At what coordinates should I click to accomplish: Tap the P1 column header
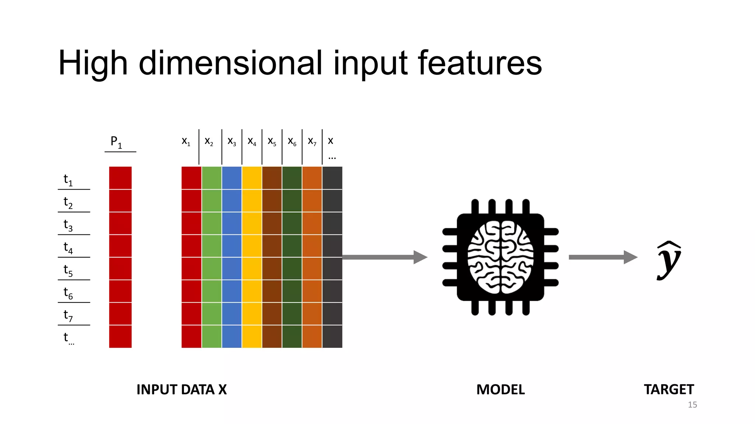[x=116, y=142]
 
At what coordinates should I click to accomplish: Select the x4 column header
[x=252, y=141]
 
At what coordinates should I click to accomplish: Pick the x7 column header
[x=312, y=141]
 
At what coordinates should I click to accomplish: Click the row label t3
[x=68, y=225]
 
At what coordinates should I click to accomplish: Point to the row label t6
[x=68, y=293]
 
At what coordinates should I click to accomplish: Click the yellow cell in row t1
[x=252, y=178]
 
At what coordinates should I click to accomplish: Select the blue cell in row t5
[x=232, y=268]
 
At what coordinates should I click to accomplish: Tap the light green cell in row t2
[x=212, y=201]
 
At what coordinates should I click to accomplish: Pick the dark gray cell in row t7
[x=332, y=314]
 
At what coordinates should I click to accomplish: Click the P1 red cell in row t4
[x=120, y=246]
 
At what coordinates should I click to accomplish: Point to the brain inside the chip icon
[x=500, y=257]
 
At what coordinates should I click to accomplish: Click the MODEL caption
[x=500, y=389]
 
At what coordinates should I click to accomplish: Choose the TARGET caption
[x=669, y=389]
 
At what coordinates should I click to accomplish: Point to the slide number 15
[x=692, y=404]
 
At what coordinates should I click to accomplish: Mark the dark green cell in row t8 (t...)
[x=292, y=336]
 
